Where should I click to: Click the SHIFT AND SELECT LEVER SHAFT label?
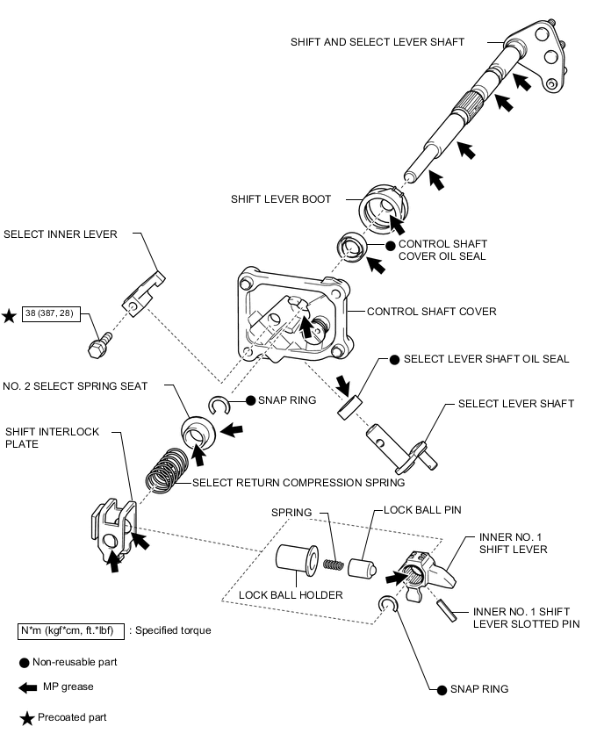(377, 41)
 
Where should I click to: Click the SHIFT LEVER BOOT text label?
(281, 199)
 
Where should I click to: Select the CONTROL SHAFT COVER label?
(431, 311)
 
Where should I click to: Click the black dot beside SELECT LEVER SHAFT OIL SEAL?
(394, 359)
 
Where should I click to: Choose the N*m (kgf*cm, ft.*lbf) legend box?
(71, 630)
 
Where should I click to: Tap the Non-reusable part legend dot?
(24, 663)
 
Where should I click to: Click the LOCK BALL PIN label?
(422, 510)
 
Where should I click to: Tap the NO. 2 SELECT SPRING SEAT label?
(75, 386)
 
